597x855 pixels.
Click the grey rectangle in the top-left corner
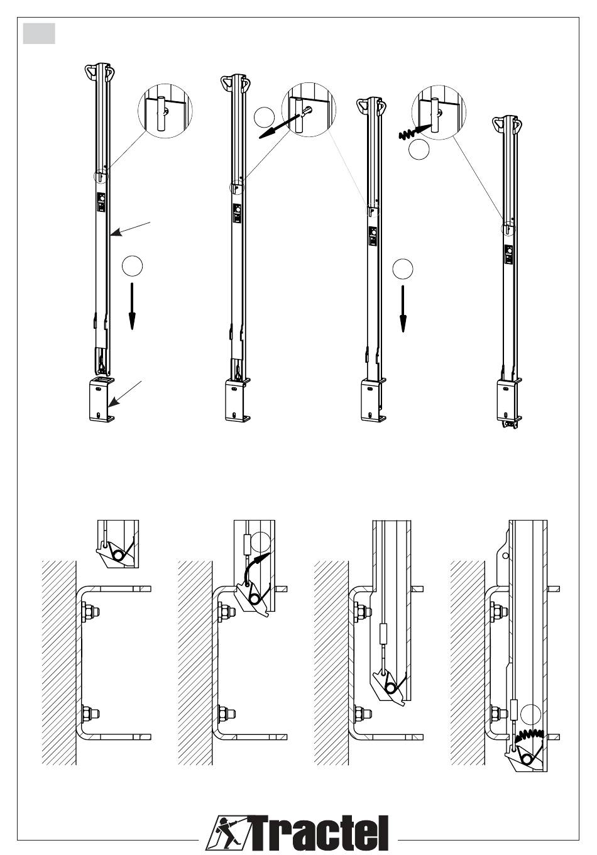click(x=39, y=34)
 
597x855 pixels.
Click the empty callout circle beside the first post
click(x=132, y=266)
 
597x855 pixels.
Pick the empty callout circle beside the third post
click(x=402, y=269)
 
